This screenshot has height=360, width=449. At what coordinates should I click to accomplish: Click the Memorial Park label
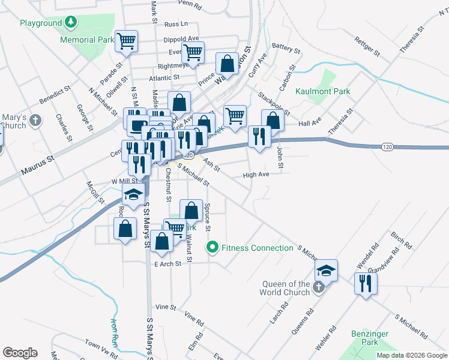point(86,40)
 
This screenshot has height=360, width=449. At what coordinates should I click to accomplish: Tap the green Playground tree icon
point(71,23)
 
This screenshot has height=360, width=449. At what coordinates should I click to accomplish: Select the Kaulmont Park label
point(322,92)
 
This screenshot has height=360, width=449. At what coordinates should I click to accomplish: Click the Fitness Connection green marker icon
point(212,247)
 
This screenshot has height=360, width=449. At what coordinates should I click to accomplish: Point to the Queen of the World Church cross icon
point(319,288)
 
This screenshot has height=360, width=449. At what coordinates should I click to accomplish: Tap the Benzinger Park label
point(370,338)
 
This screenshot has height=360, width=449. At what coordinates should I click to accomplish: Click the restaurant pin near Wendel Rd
point(365,283)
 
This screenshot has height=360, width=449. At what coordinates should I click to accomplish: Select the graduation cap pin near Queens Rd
point(326,270)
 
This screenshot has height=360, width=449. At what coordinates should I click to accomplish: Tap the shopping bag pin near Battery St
point(227,62)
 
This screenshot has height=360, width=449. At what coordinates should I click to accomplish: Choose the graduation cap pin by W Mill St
point(134,194)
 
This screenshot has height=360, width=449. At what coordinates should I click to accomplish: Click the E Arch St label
point(167,264)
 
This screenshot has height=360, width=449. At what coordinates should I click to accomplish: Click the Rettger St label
point(368,46)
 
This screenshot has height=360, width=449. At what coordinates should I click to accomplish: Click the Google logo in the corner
point(20,353)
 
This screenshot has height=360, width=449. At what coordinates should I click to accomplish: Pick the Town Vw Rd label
point(100,345)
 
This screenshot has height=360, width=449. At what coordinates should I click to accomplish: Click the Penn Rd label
point(189,3)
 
